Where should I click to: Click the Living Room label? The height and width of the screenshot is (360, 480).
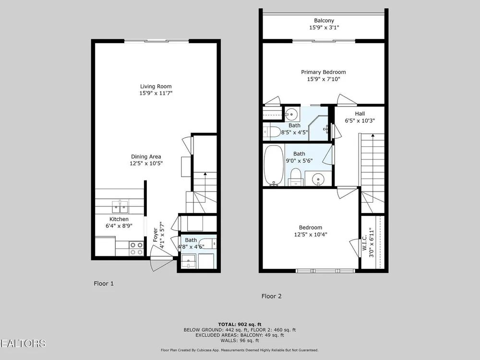coord(156,86)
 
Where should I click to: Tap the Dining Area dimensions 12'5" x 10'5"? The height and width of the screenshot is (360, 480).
coord(146,164)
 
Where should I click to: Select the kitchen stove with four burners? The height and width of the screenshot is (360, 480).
coord(136,248)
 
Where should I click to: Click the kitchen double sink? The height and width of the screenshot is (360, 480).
coord(120,206)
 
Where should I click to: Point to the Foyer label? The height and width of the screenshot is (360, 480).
coord(156,235)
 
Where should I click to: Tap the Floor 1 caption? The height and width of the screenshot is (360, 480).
coord(104,284)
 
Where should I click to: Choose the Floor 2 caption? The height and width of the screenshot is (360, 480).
coord(271,296)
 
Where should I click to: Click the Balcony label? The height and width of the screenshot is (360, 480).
coord(324,21)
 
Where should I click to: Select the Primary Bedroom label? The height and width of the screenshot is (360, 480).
coord(323,72)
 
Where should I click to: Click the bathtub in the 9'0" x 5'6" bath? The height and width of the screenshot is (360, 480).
coord(274,165)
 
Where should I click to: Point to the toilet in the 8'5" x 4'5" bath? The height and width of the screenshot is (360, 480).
coord(272,132)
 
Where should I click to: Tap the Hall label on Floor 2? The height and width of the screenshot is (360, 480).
coord(360,114)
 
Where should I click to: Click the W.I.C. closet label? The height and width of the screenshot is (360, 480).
coord(364,243)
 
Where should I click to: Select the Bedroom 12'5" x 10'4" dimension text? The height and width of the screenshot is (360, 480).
coord(311,235)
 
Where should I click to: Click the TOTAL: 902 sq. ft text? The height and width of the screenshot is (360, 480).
coord(240,324)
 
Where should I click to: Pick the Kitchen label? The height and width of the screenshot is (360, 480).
coord(119,219)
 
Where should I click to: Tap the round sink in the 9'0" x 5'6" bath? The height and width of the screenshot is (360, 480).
coord(319,178)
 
